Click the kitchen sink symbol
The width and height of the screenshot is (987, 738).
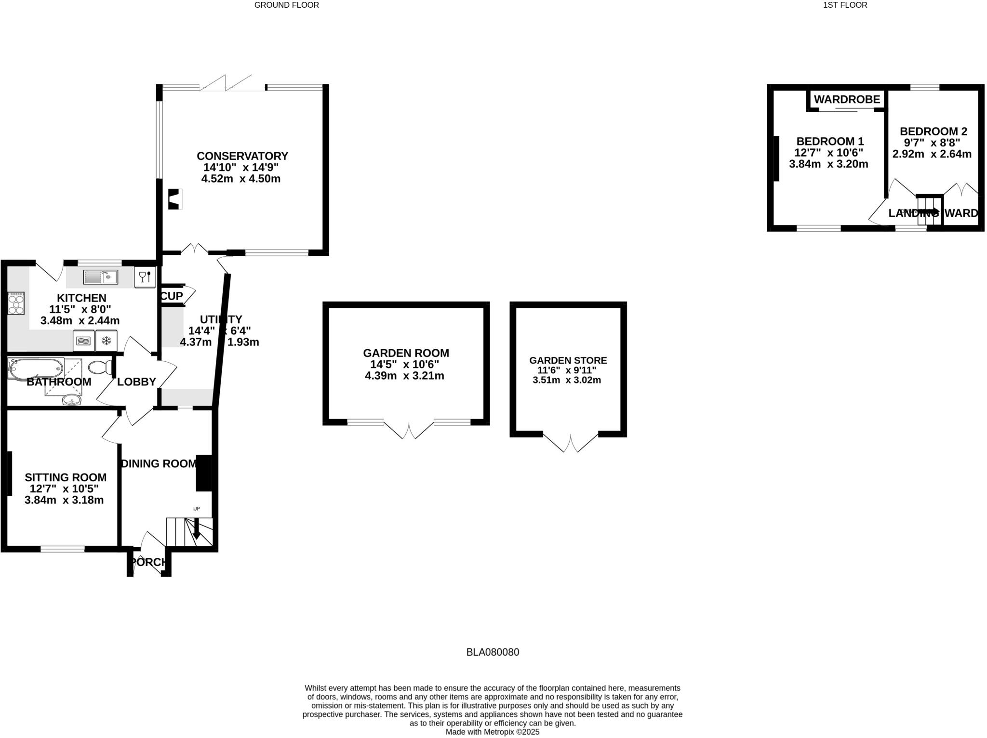100,277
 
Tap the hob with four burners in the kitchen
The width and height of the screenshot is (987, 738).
16,303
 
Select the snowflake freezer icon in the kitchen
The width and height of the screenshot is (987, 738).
107,341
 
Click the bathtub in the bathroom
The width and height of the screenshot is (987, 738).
36,369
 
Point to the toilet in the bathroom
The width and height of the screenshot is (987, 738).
100,368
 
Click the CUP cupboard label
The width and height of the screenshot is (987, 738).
172,296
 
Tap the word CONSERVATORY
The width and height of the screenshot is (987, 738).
242,156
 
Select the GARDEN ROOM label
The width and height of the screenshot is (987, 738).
406,353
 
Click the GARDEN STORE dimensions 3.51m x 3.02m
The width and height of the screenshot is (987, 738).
566,380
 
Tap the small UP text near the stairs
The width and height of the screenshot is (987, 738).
196,509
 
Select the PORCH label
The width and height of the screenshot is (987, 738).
149,562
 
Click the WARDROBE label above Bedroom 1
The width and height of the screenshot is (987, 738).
847,100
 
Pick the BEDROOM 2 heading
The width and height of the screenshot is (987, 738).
933,131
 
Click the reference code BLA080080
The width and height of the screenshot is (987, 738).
493,652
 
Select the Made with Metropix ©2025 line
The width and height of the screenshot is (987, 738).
492,732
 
